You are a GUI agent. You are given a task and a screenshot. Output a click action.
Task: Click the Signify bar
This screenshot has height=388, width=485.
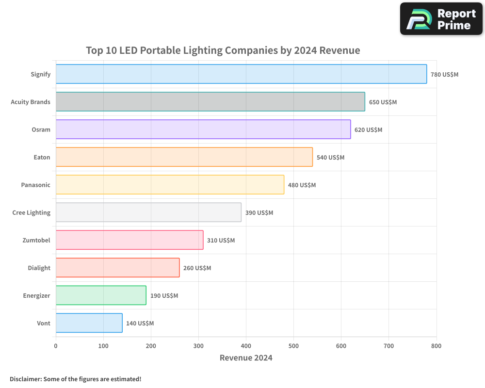tap(241, 74)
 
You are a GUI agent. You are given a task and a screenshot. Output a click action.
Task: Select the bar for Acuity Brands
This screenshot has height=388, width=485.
tap(210, 102)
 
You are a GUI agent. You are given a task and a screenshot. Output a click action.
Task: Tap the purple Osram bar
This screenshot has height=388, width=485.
tap(203, 129)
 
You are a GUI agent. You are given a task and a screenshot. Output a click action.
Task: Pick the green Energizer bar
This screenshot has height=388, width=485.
tap(101, 295)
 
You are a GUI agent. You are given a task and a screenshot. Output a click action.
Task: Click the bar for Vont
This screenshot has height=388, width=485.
tap(89, 323)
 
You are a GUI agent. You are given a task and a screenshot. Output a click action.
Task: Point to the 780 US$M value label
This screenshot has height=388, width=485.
tap(444, 75)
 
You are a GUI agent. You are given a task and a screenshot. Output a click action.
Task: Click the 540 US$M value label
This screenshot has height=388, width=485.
tap(330, 158)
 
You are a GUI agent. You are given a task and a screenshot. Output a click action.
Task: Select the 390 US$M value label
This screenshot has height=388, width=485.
tap(259, 213)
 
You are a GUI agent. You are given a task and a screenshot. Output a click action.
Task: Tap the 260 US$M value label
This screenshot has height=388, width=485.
tap(197, 268)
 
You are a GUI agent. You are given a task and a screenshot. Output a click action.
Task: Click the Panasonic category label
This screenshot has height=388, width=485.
tap(35, 185)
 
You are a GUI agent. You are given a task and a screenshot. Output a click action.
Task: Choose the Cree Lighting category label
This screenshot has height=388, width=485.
tap(31, 212)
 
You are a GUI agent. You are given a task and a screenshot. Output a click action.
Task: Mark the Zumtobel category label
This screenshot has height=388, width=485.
tap(36, 240)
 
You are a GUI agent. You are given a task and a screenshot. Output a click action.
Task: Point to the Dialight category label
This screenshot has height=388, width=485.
tap(39, 268)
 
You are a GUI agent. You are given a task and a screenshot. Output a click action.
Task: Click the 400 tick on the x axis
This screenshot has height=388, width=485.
tap(246, 346)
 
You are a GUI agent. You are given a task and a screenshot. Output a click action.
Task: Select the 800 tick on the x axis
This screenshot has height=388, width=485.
tap(436, 346)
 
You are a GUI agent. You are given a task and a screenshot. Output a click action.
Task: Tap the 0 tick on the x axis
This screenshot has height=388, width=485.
tap(56, 346)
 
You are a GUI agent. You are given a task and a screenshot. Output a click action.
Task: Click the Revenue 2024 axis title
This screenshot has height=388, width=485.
tap(246, 358)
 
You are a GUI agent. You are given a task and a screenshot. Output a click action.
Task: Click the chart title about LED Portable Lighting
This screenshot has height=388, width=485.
tap(223, 50)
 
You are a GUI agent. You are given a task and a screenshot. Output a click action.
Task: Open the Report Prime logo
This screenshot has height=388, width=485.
tap(441, 19)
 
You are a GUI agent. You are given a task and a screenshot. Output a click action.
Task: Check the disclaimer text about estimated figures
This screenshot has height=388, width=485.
tap(75, 379)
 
